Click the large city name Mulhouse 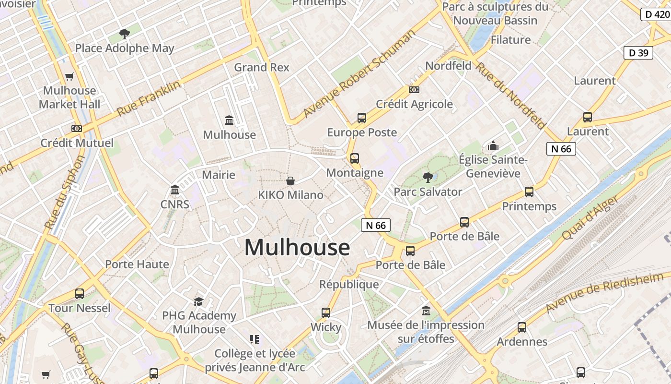(297, 248)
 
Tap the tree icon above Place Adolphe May (125, 34)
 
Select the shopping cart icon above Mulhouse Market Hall (69, 76)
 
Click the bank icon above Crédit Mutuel (77, 129)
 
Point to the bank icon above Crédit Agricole (414, 90)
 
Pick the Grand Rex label (262, 67)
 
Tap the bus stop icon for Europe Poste (362, 118)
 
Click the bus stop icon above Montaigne (355, 158)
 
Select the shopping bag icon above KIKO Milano (290, 181)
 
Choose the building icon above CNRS (175, 190)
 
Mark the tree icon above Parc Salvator (428, 178)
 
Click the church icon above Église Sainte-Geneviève (493, 145)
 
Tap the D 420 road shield (655, 14)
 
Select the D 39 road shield (638, 53)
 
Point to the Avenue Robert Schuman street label (359, 74)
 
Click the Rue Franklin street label (149, 98)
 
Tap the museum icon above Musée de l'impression (426, 311)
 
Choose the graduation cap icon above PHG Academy (199, 301)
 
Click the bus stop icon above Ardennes (522, 327)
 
